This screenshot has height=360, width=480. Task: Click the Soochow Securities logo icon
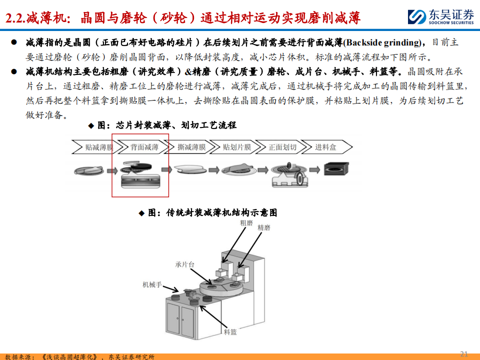coord(416,16)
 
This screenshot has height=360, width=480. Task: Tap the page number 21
coord(464,354)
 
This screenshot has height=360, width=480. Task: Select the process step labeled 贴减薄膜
coord(94,147)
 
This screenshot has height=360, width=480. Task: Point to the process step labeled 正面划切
coord(282,147)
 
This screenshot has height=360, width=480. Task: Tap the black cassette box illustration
coord(336,168)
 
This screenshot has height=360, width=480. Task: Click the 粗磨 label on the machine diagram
coord(246,223)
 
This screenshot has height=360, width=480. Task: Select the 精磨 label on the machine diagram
coord(264,227)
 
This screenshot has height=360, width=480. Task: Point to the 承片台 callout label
coord(184,264)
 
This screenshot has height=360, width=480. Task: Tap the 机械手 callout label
coord(152,284)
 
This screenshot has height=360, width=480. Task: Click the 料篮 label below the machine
coord(230,332)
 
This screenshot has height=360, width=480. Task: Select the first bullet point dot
coord(14,42)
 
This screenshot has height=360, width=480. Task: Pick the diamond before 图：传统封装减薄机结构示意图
coord(141,213)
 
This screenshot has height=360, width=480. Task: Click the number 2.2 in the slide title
coord(14,18)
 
